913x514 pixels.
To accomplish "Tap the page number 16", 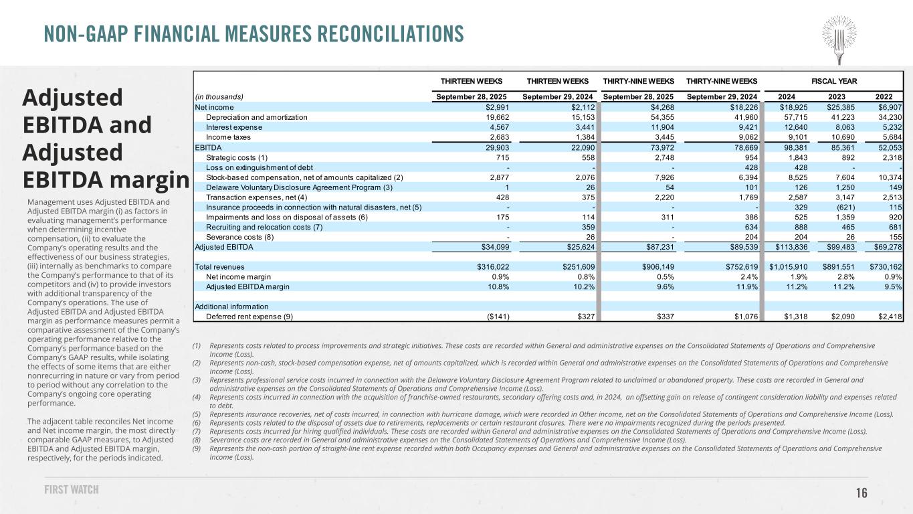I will [861, 493].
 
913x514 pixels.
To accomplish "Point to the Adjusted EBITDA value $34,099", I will [494, 248].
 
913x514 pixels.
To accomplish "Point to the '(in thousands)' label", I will [219, 96].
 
